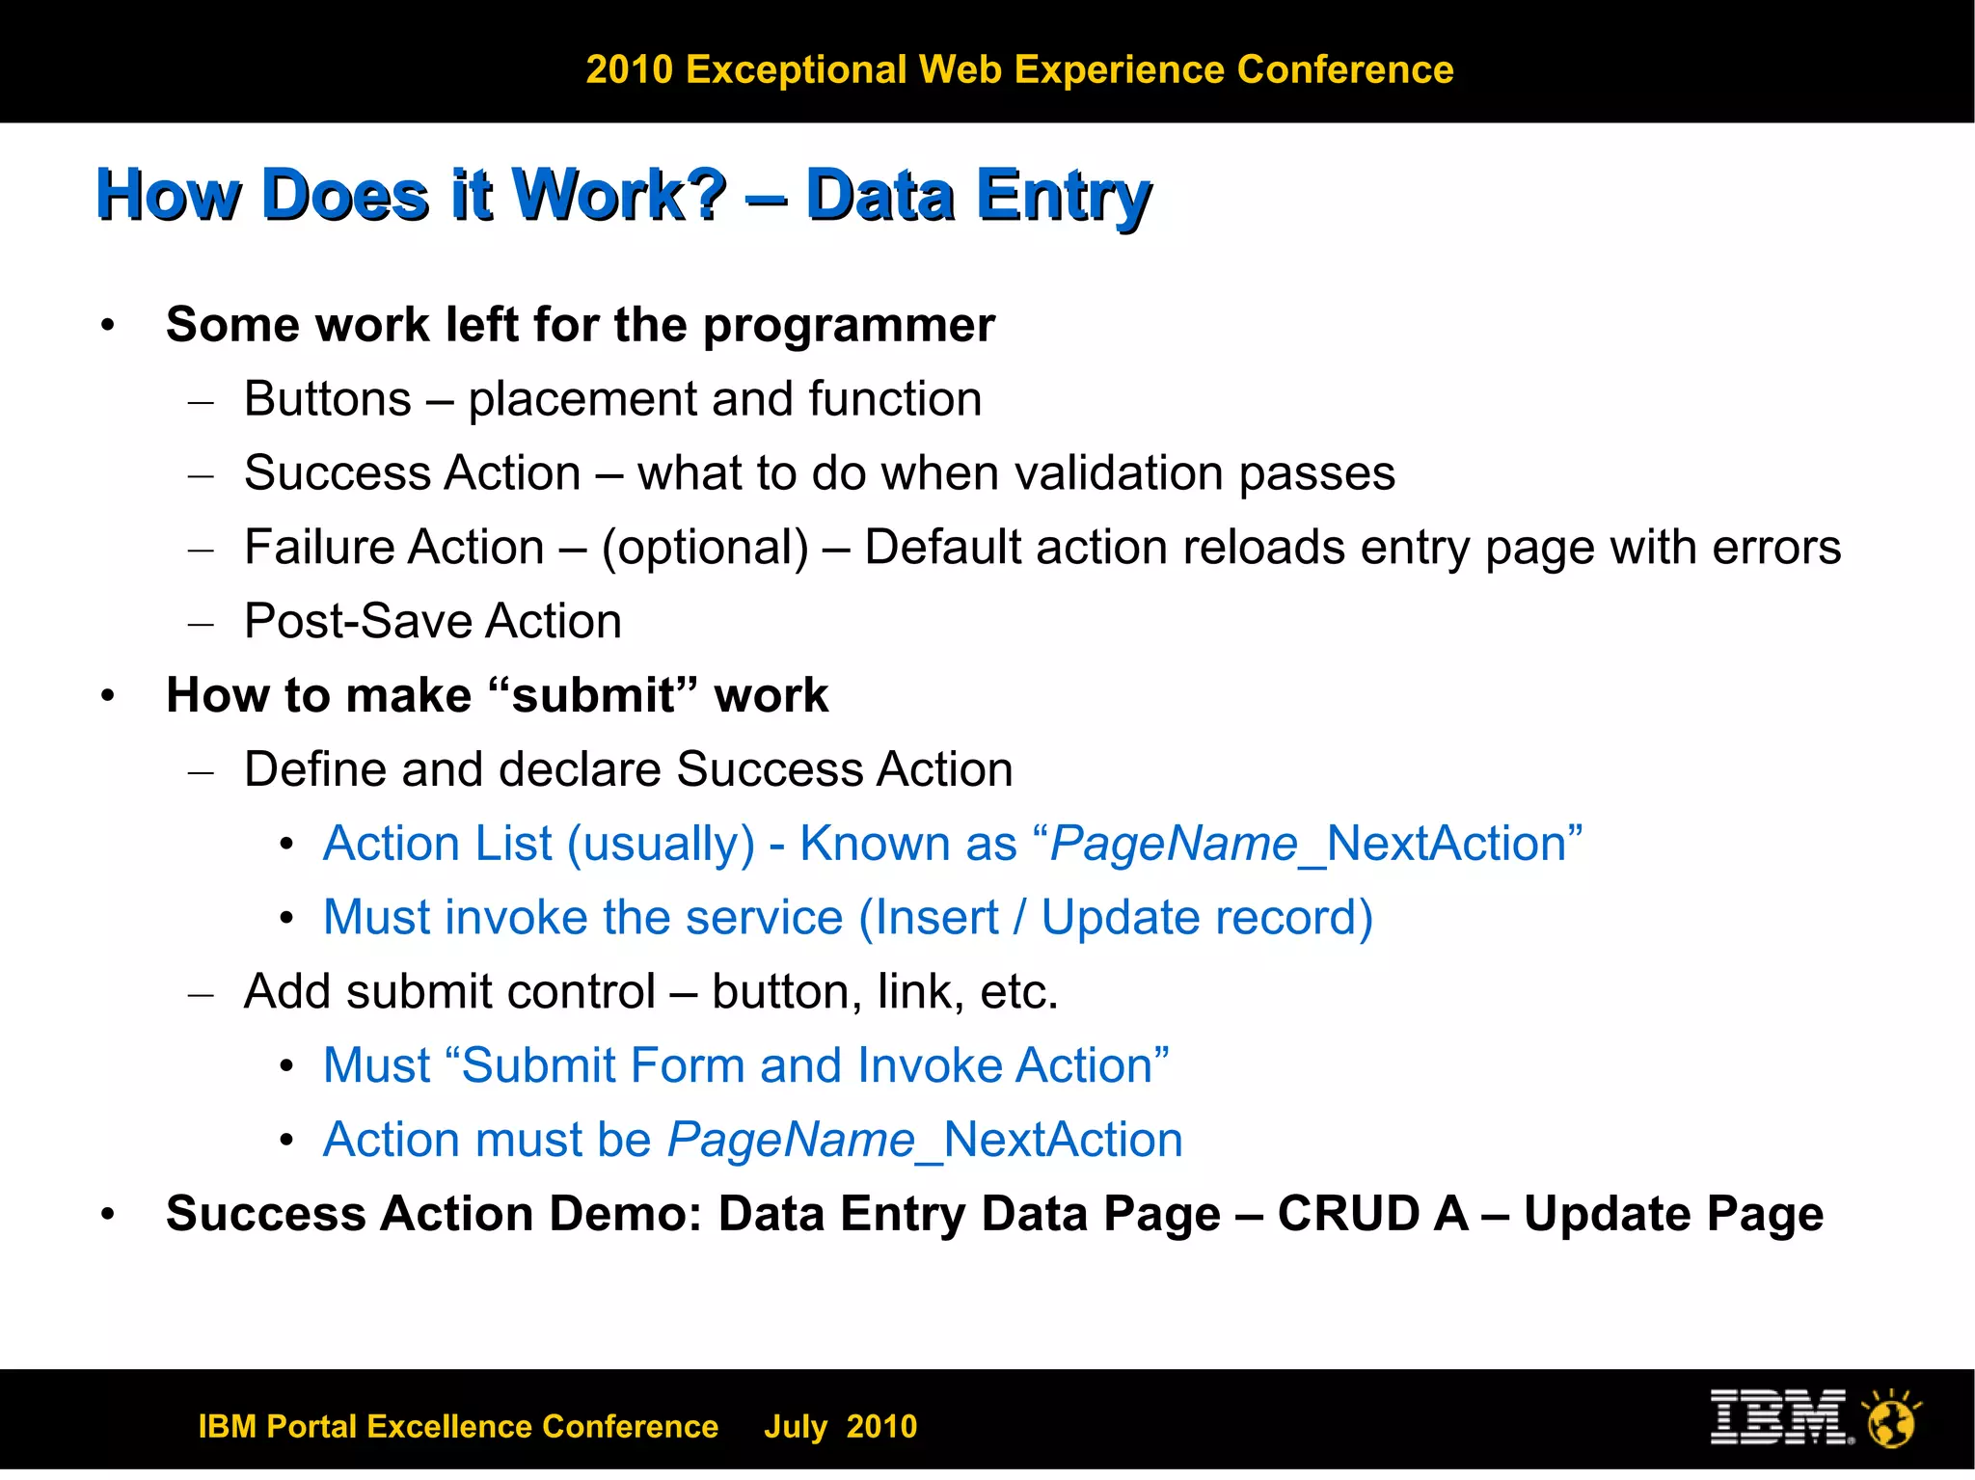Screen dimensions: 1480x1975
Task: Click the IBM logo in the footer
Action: [x=1779, y=1416]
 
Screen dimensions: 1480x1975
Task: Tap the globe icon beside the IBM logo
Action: [x=1891, y=1419]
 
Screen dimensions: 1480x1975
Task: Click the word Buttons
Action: [x=328, y=399]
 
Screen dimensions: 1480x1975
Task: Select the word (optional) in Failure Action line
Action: [x=705, y=548]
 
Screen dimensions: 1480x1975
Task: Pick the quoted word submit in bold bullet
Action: [x=592, y=695]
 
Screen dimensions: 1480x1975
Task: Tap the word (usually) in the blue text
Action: [x=661, y=845]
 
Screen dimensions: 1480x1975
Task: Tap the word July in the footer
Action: [x=796, y=1426]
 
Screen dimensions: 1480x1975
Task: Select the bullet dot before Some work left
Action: [x=108, y=326]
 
